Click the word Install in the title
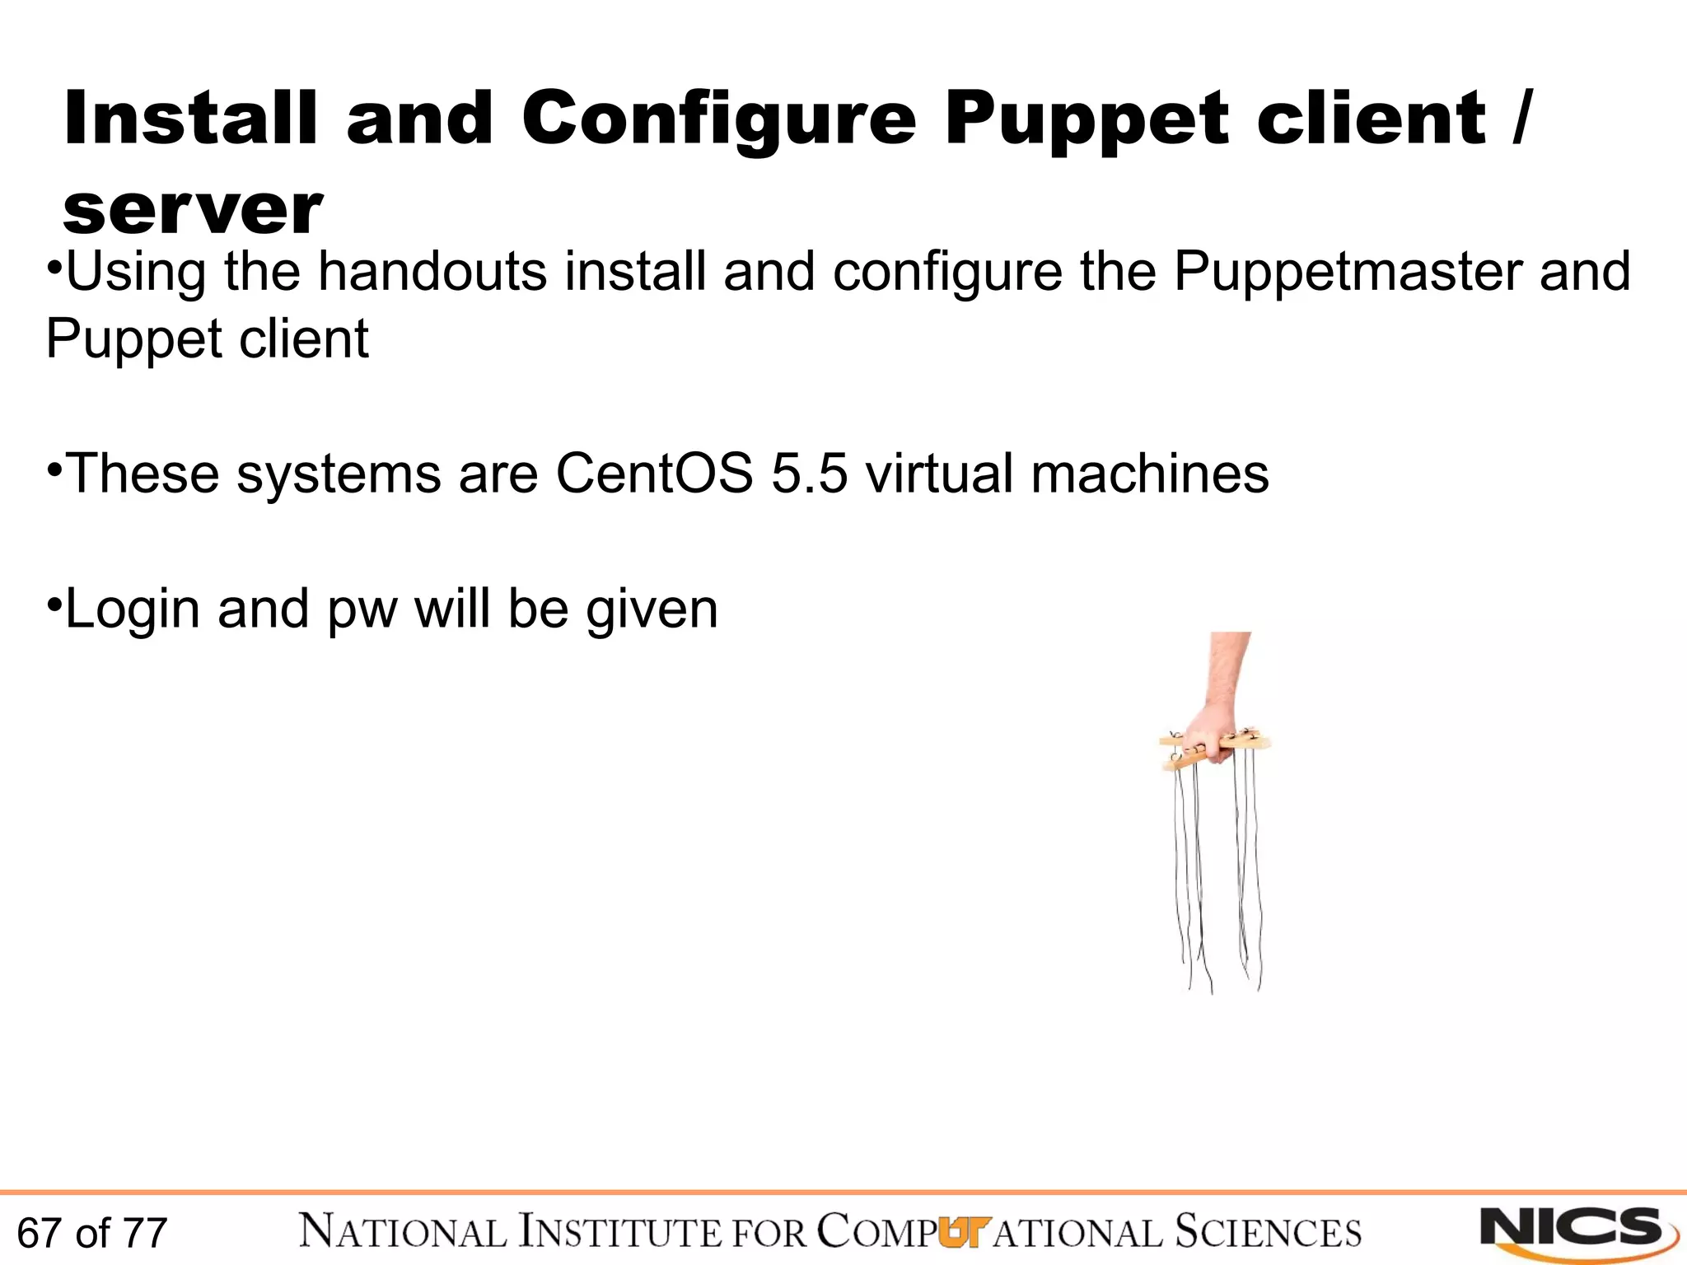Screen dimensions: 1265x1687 coord(190,119)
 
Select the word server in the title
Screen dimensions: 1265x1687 coord(193,211)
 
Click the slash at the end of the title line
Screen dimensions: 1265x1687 coord(1521,119)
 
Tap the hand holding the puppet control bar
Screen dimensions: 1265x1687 coord(1211,725)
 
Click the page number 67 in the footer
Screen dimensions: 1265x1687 coord(39,1233)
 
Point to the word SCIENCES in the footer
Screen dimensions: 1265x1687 coord(1268,1232)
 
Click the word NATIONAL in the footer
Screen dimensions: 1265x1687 coord(403,1232)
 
